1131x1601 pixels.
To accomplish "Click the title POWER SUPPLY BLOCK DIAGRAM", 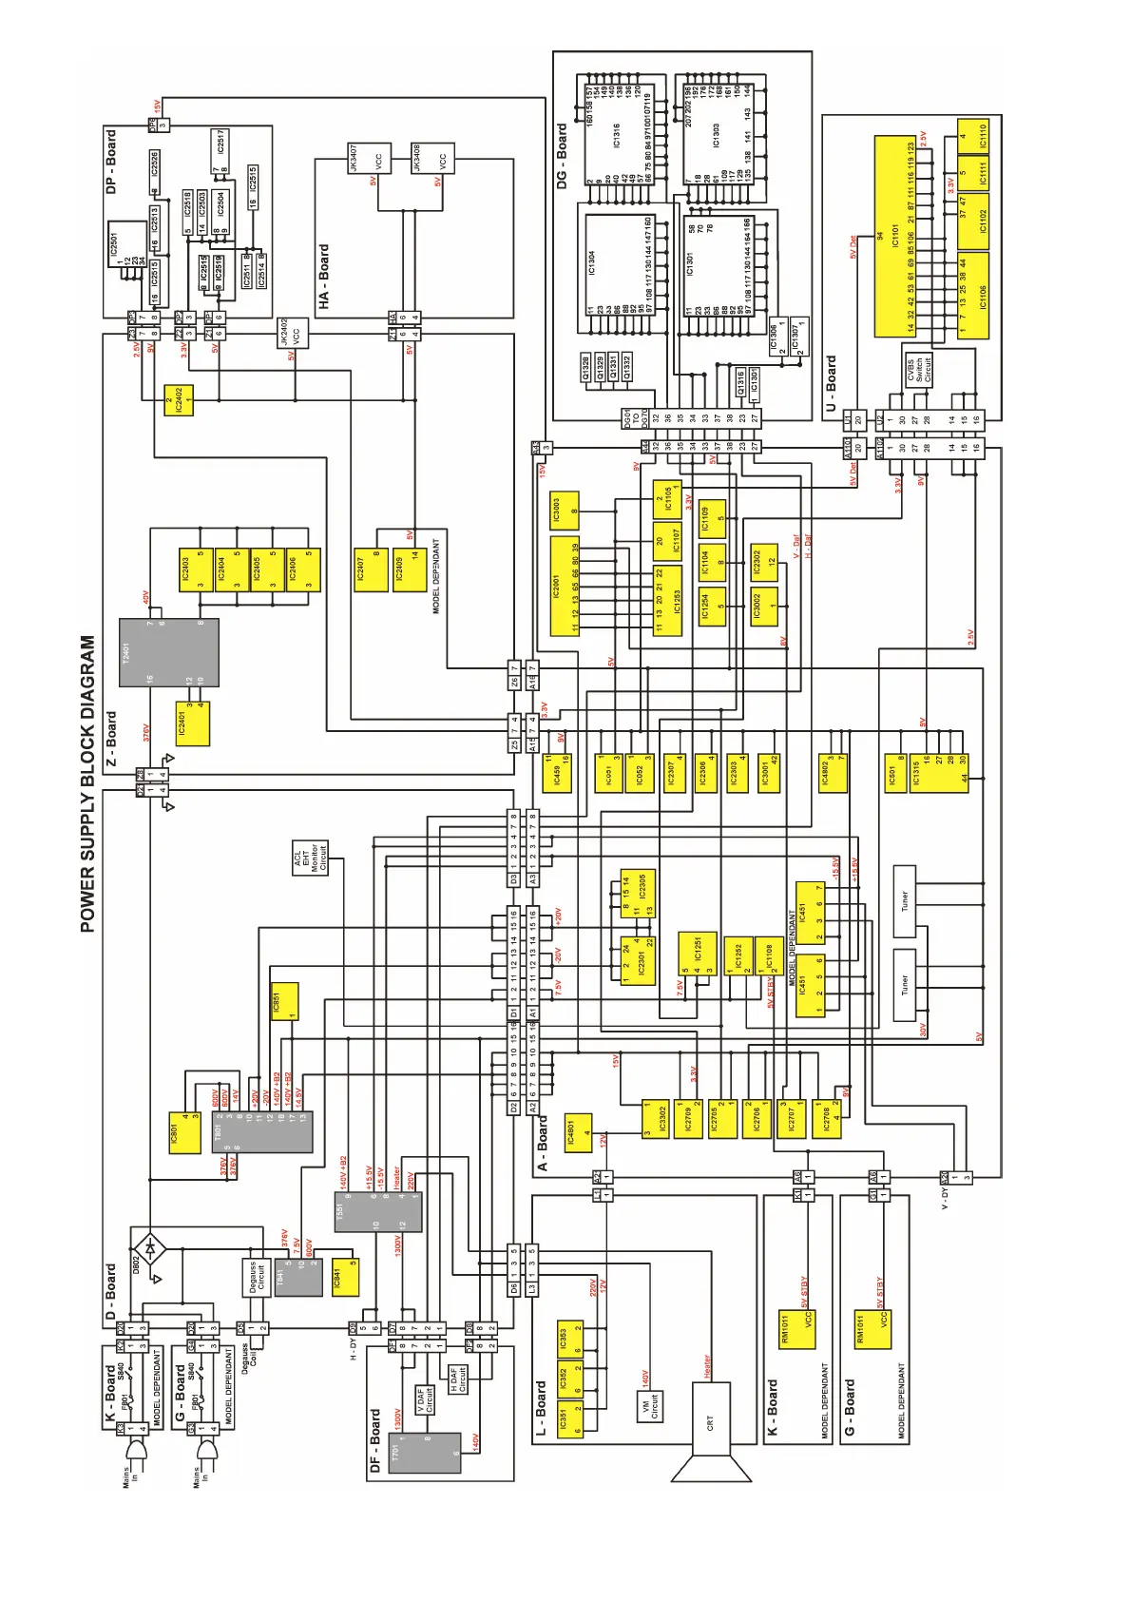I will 87,784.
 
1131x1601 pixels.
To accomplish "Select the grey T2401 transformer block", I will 168,652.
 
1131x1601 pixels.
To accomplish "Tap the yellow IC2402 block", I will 179,400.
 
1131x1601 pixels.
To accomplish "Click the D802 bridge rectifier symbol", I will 148,1245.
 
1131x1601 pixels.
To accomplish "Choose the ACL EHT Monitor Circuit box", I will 310,858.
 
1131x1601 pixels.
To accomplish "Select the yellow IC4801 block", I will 578,1132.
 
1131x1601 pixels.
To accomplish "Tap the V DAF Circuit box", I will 424,1400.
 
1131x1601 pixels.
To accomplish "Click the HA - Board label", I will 324,277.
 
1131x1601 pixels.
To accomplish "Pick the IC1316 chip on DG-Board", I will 614,136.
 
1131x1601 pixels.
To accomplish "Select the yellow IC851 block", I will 285,1002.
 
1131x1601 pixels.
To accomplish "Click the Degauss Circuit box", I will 253,1278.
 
